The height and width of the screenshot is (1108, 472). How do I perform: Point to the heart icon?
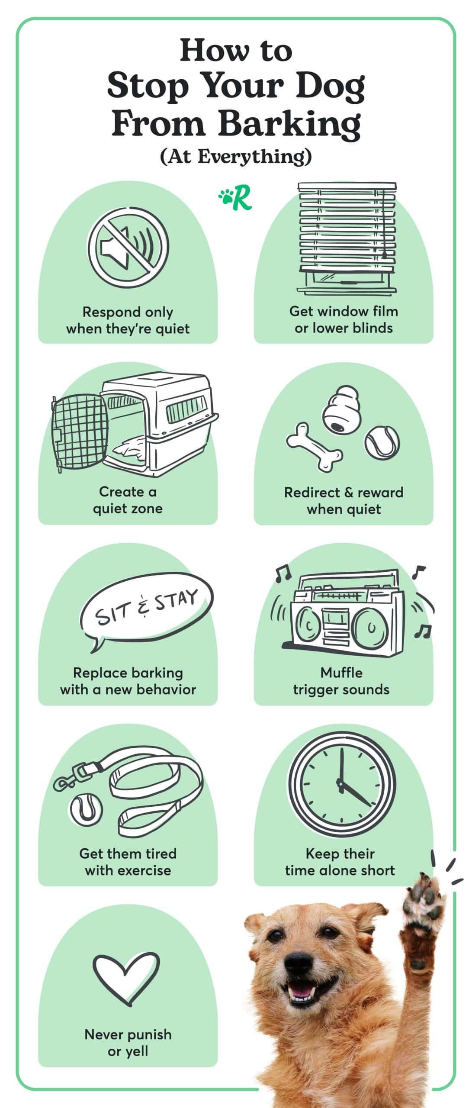coord(126,971)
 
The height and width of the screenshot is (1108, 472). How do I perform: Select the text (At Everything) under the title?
coord(236,157)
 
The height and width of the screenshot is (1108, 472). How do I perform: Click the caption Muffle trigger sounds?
coord(341,681)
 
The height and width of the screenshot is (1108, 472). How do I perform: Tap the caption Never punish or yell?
coord(128,1042)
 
